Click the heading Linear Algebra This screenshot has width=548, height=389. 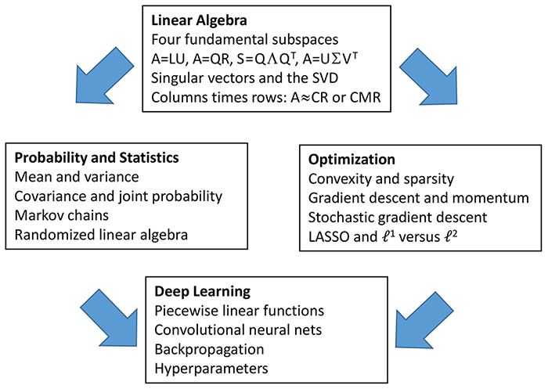[199, 20]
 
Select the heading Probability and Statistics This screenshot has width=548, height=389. [96, 158]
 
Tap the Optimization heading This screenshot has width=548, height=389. [352, 160]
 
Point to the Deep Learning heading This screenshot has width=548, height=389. [202, 291]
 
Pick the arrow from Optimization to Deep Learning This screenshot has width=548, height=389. [424, 320]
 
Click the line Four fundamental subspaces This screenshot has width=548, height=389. [244, 39]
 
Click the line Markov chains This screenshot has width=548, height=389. [62, 215]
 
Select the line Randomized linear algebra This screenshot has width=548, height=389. [101, 235]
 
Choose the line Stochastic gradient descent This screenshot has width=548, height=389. [398, 218]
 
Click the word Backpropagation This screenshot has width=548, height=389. [209, 350]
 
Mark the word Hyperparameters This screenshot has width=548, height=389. [211, 369]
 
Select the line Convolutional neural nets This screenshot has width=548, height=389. [238, 330]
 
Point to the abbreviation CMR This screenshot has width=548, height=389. [365, 98]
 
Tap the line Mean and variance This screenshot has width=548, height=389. [77, 177]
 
